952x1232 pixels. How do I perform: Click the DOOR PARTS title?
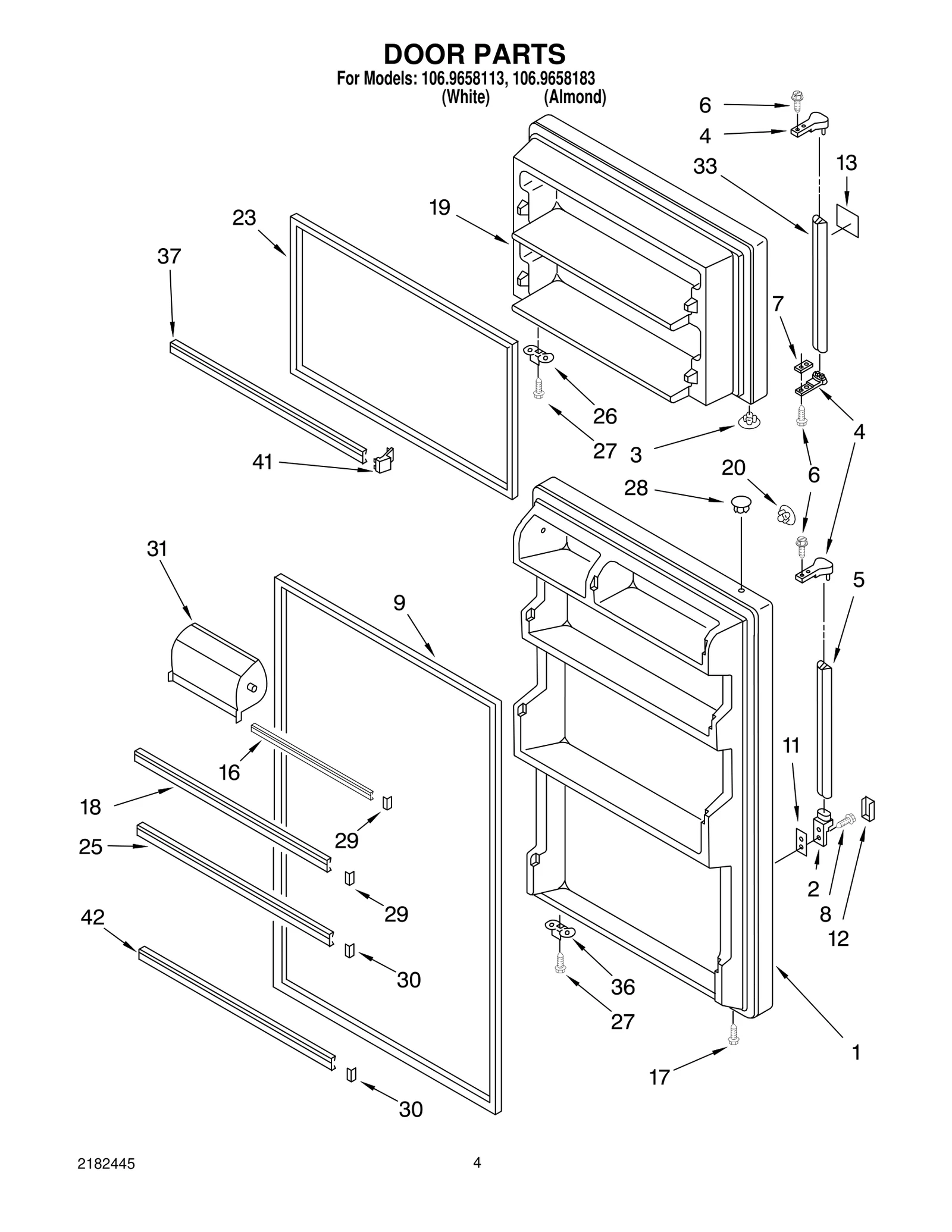474,54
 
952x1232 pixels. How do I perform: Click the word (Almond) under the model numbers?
575,97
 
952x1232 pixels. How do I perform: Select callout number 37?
169,256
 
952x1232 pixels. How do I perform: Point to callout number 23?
244,218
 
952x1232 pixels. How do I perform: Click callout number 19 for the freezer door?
440,208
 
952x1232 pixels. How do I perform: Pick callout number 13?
847,162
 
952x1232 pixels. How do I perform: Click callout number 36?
623,987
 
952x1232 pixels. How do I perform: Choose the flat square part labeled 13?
847,221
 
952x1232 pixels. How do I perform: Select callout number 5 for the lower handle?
858,579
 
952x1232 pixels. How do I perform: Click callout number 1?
856,1052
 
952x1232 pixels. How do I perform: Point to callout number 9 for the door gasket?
399,603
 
